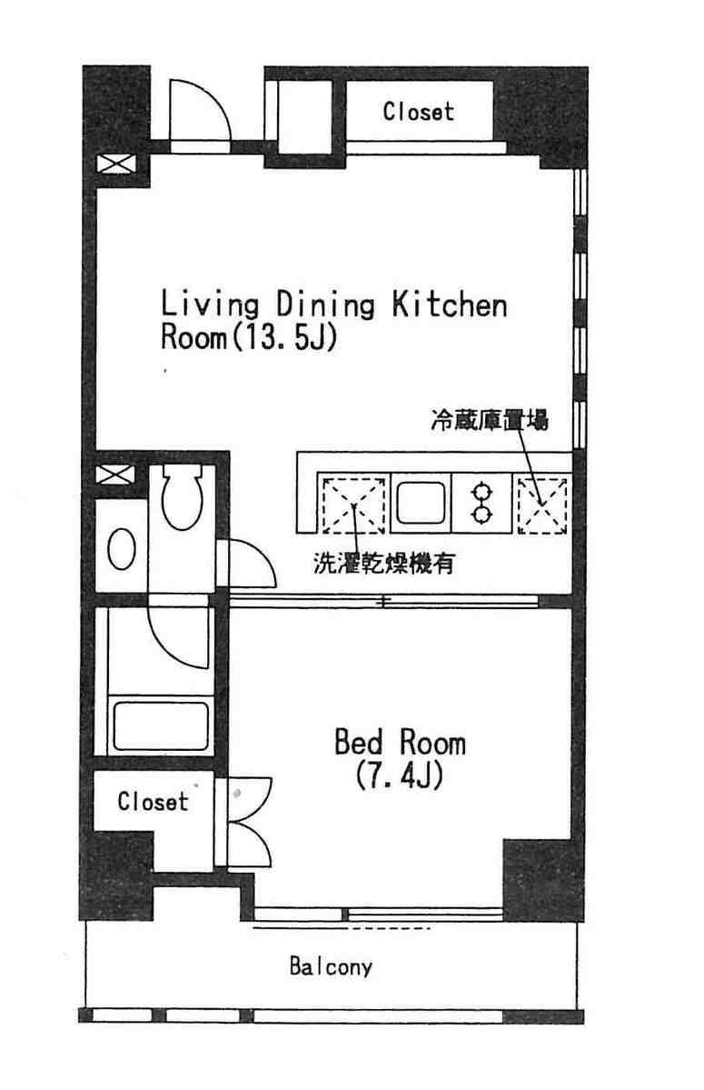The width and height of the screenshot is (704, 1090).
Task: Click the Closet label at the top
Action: (418, 111)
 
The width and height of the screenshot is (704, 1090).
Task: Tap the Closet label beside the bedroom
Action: (153, 801)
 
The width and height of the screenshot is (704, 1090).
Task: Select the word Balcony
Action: (331, 967)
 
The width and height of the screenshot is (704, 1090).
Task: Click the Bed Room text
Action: (400, 742)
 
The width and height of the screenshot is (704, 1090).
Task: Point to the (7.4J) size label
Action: (399, 775)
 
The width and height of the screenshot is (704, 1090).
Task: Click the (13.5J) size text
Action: (283, 337)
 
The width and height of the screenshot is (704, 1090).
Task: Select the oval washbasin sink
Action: (122, 549)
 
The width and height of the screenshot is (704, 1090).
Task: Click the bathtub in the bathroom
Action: (161, 725)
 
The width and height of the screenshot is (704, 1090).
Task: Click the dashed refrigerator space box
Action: (542, 505)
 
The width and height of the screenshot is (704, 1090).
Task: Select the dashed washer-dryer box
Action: (353, 505)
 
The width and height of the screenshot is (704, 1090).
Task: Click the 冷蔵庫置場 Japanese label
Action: (490, 421)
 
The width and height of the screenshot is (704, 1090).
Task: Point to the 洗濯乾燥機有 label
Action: (384, 563)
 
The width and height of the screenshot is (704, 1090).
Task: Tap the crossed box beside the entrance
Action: (116, 164)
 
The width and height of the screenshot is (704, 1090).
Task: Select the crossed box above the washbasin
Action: (115, 475)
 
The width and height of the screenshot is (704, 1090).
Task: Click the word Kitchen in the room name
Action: (450, 305)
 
